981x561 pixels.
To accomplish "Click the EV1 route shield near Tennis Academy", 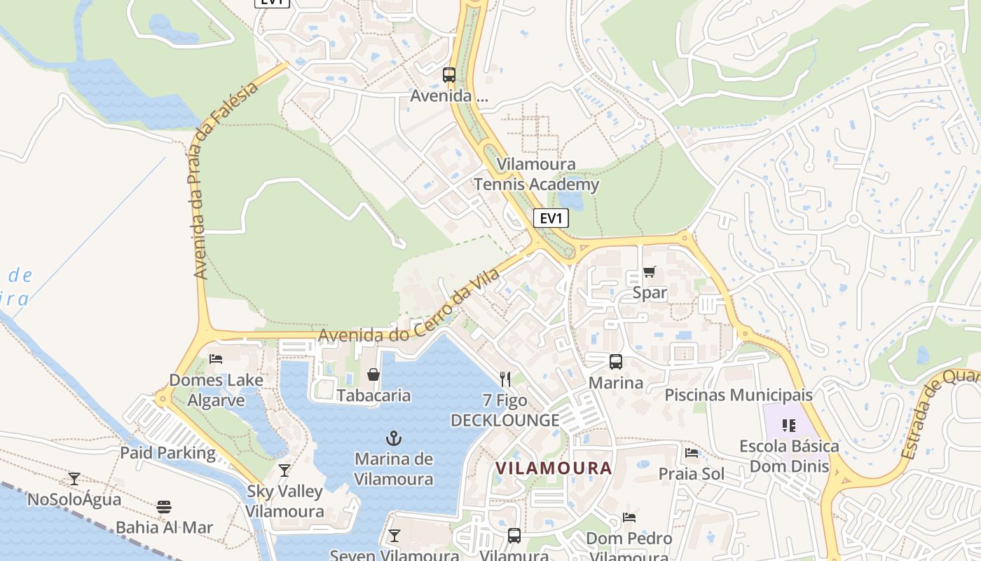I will (551, 218).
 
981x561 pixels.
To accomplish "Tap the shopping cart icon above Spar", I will (650, 272).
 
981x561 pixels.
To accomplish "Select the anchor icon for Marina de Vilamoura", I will (394, 439).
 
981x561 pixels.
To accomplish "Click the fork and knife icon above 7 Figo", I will (505, 379).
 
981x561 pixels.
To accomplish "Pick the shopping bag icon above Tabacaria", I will (373, 374).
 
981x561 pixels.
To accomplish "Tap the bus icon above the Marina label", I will (615, 362).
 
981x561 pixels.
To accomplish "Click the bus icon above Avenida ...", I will (449, 74).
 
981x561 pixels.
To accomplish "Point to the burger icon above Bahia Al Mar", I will (164, 506).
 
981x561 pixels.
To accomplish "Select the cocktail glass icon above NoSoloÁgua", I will (74, 479).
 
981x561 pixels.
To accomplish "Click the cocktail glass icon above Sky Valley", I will (284, 470).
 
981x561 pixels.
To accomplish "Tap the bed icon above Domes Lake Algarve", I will (216, 359).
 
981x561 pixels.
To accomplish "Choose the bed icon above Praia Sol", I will (692, 453).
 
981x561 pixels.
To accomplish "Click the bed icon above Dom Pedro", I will (629, 518).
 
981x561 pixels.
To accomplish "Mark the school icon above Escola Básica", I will (789, 425).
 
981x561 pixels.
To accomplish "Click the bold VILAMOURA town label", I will (554, 468).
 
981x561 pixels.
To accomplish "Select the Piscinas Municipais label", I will (739, 395).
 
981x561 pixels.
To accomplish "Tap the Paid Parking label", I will (168, 452).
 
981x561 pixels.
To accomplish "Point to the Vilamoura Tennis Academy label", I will (537, 175).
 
